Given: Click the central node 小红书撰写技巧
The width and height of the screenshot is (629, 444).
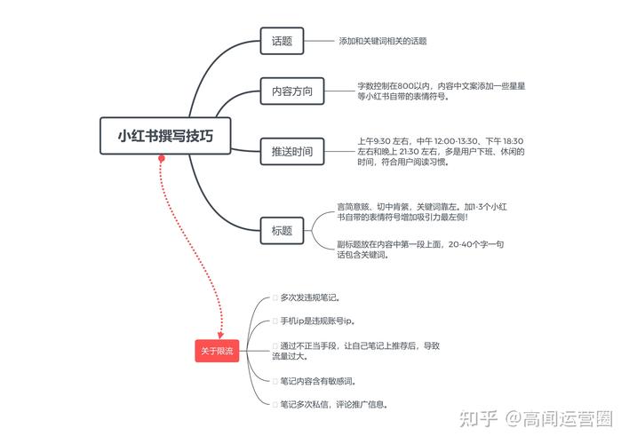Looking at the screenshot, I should coord(165,136).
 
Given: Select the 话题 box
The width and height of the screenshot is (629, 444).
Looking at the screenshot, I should coord(282,41).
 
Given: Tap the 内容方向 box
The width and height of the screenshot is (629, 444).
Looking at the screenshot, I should coord(291,91).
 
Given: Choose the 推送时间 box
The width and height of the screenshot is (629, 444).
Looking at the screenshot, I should coord(291,152).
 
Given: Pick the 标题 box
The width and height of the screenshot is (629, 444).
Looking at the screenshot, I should coord(282,231).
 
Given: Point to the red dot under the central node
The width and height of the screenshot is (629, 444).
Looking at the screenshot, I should coord(161,159).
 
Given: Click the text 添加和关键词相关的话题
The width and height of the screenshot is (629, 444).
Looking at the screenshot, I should coord(382,41).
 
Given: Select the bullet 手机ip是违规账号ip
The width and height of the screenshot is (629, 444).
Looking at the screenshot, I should coord(316,321).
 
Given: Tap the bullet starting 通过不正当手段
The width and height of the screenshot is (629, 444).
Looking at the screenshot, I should coord(359,351).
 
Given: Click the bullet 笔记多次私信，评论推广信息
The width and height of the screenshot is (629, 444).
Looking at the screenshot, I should coord(333,404).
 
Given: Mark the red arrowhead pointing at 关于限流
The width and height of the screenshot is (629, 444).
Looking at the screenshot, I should coord(219,333).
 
